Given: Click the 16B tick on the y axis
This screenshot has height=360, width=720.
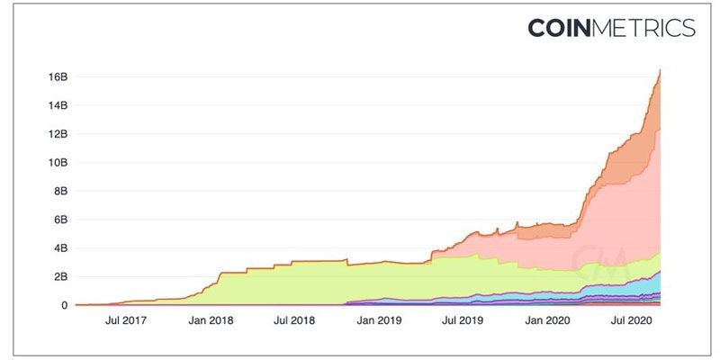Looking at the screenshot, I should tap(58, 76).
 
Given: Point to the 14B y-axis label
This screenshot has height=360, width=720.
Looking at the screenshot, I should tap(58, 105).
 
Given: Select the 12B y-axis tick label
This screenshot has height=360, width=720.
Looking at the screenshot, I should tap(58, 134).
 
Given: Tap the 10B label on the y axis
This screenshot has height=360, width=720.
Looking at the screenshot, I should tap(58, 162).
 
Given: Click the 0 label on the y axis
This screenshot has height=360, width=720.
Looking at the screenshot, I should tap(64, 305).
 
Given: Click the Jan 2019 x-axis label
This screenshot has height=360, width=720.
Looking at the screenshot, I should tap(379, 319).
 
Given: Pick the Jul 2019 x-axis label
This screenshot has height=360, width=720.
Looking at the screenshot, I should tap(462, 319).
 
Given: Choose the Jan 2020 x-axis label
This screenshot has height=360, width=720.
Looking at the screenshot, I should tap(545, 319).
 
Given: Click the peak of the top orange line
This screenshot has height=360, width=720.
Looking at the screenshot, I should tap(661, 70).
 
